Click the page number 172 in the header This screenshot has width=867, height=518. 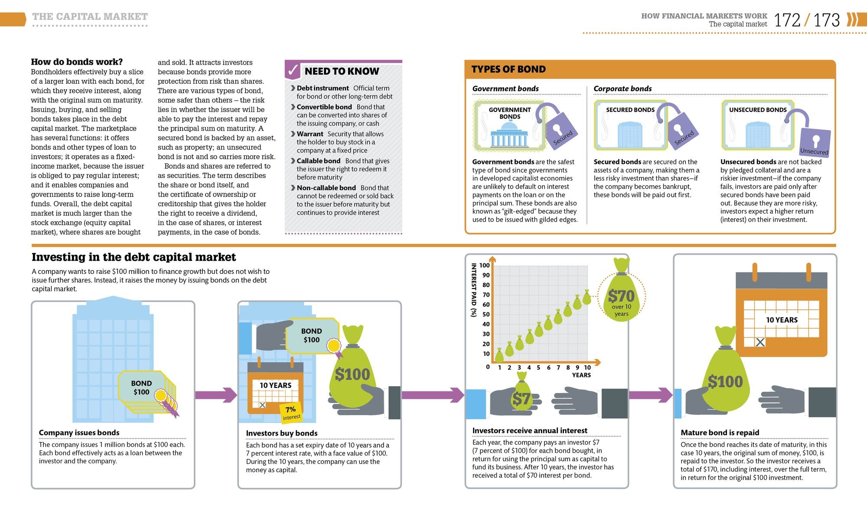tap(787, 20)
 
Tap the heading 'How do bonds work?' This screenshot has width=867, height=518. tap(77, 62)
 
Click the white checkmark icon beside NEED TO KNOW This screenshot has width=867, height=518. tap(293, 70)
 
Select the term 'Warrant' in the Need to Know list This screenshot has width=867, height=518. tap(310, 134)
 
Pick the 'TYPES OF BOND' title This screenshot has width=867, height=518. tap(508, 69)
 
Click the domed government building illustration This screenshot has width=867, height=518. tap(509, 135)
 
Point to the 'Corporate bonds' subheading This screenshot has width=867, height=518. tap(623, 89)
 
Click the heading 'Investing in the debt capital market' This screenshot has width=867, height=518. tap(134, 257)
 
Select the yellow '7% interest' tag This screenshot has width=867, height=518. tap(291, 413)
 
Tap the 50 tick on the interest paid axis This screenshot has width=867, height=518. tap(486, 315)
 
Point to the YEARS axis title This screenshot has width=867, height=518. tap(581, 375)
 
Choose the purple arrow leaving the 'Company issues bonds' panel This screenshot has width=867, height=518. tap(216, 395)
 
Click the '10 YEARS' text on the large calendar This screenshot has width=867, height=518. tap(782, 320)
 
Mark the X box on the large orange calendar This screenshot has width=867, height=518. tap(760, 342)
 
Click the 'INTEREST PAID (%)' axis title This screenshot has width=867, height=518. tap(474, 290)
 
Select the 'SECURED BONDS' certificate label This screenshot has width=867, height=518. tap(630, 110)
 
